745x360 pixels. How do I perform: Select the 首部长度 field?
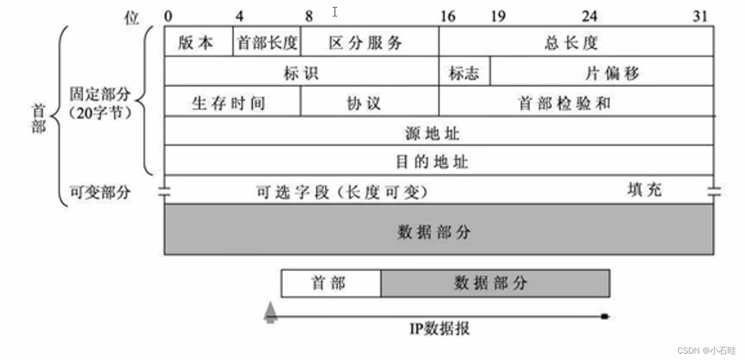[x=267, y=42]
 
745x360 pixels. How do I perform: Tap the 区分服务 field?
[x=369, y=42]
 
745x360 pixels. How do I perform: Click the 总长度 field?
[x=576, y=42]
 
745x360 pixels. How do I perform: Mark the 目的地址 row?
[x=439, y=160]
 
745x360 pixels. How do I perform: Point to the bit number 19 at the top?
[x=498, y=16]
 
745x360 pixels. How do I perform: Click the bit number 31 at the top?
[x=700, y=16]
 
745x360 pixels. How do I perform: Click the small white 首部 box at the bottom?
[x=331, y=284]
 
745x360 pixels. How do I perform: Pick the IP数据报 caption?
[x=439, y=329]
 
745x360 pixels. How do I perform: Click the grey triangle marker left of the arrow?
[x=269, y=311]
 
